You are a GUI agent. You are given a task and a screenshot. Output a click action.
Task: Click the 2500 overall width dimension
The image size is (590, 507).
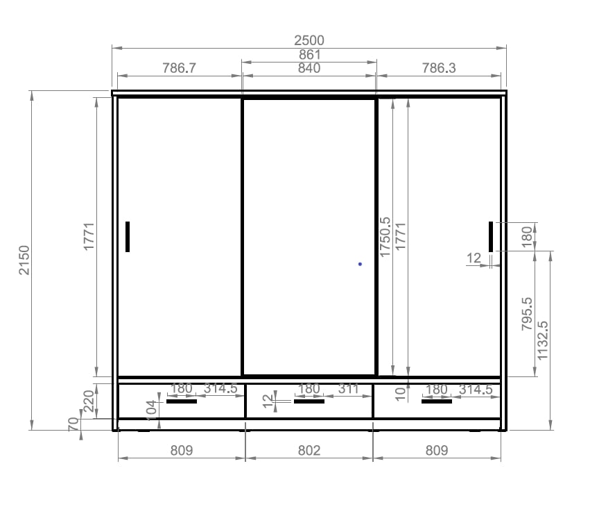[309, 40]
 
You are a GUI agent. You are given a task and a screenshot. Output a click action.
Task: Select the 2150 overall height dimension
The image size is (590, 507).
[24, 260]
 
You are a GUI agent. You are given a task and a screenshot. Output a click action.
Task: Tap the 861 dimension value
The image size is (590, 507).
[310, 55]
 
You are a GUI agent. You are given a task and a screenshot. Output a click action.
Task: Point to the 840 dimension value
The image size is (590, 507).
[309, 68]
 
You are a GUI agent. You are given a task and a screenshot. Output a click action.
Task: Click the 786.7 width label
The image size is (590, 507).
[179, 68]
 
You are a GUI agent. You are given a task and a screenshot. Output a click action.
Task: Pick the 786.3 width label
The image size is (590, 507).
[439, 68]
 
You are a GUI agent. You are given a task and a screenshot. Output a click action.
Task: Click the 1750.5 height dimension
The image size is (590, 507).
[385, 237]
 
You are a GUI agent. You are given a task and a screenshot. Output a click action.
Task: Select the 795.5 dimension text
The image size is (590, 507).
[527, 314]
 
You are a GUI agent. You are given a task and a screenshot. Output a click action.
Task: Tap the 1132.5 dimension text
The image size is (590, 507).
[543, 341]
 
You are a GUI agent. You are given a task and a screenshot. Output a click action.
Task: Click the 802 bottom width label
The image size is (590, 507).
[309, 451]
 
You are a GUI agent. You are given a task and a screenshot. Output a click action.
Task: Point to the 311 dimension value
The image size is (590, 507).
[349, 389]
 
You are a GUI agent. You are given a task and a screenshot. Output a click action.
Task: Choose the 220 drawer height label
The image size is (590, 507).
[89, 401]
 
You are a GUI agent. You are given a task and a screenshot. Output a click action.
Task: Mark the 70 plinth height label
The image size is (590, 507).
[73, 424]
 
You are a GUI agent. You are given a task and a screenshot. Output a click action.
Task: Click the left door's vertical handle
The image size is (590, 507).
[128, 237]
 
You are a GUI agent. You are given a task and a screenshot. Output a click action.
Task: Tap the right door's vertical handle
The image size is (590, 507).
[491, 237]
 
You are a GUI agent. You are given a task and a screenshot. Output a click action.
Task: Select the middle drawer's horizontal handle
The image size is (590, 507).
[309, 401]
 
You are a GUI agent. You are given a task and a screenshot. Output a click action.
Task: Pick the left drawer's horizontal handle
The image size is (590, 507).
[182, 401]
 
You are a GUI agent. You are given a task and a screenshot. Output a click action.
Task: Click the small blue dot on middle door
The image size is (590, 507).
[360, 264]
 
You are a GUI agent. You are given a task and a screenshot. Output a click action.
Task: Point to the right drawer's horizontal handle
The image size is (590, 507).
[437, 401]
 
